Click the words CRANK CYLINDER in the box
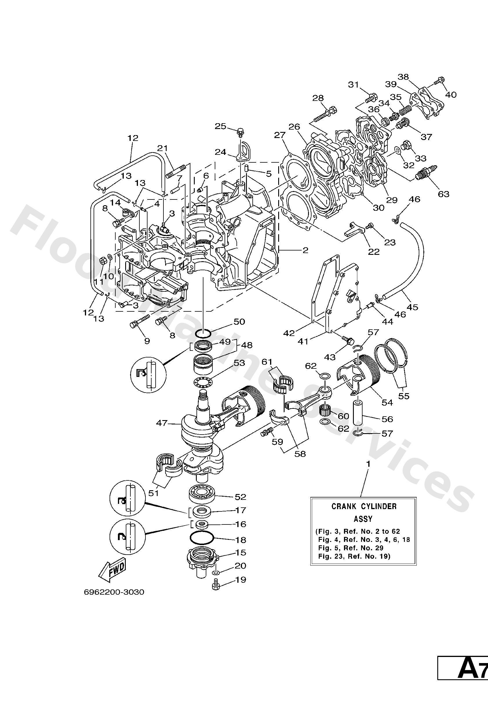[x=364, y=506]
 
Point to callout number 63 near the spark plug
[x=443, y=194]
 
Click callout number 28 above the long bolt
[x=318, y=98]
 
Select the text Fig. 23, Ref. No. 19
[x=354, y=556]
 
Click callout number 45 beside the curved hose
[x=413, y=307]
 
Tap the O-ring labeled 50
[x=203, y=334]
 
